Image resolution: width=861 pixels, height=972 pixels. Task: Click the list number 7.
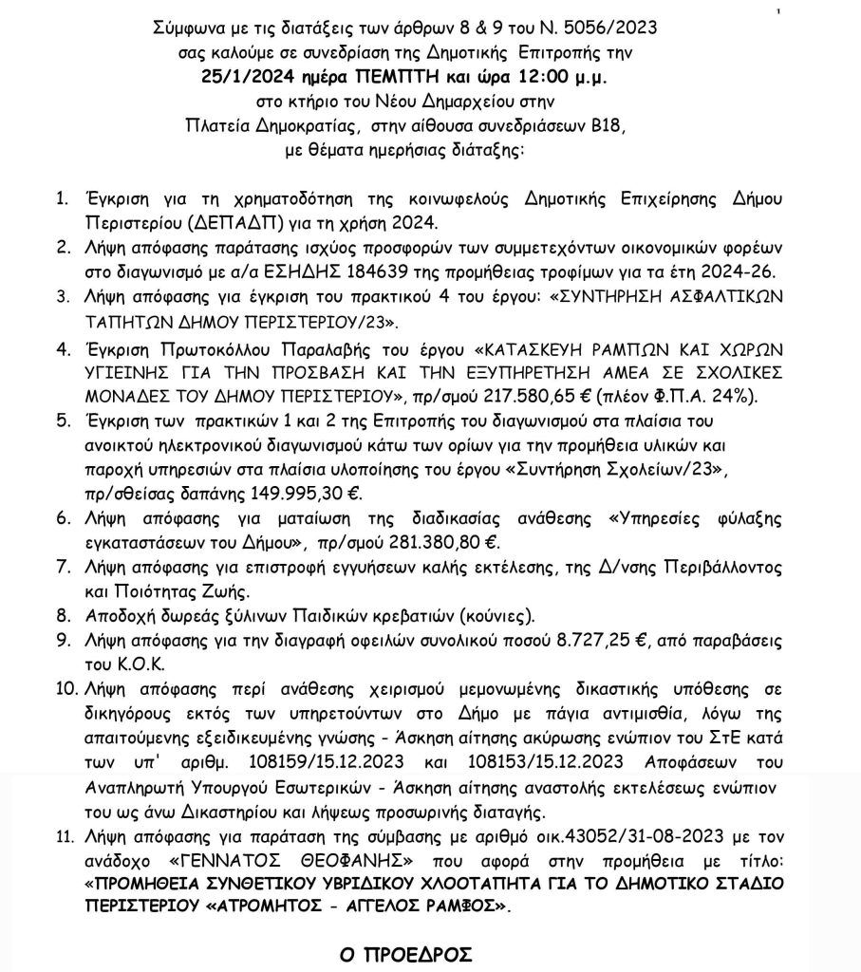[x=62, y=567]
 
